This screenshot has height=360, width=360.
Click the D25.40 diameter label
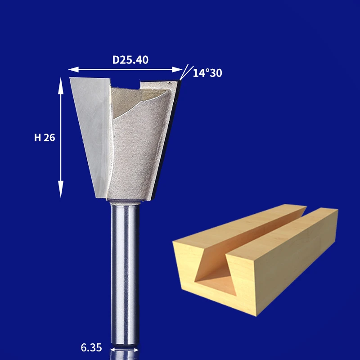(130, 60)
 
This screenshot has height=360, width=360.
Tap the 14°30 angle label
(207, 73)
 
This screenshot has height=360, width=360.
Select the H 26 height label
(45, 138)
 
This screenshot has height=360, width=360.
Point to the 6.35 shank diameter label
(91, 347)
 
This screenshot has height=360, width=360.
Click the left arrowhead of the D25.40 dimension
(73, 70)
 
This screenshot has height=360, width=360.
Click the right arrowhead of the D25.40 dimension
(177, 70)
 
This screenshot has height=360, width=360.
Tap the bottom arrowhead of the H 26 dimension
(61, 189)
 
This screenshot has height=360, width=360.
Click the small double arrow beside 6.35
(125, 350)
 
